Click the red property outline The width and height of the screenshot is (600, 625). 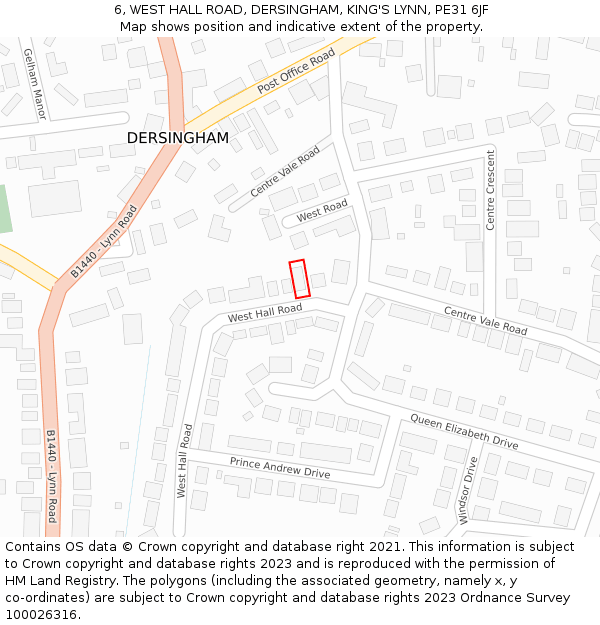click(x=299, y=279)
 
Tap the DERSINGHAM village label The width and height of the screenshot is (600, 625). click(x=177, y=138)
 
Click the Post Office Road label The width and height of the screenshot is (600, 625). click(x=296, y=73)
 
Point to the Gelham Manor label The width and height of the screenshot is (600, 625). click(x=34, y=84)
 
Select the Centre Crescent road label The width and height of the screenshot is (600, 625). click(x=491, y=189)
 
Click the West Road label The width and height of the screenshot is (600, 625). click(x=322, y=210)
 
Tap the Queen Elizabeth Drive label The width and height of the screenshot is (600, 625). click(x=464, y=429)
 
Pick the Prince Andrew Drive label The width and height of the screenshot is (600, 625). click(x=280, y=467)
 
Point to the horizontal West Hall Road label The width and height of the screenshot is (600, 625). click(x=264, y=314)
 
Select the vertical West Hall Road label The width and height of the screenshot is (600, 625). click(x=184, y=460)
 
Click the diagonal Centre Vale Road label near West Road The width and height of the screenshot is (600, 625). click(x=285, y=171)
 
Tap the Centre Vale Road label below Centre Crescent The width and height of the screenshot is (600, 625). click(x=485, y=320)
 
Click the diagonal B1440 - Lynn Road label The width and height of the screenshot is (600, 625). click(x=104, y=241)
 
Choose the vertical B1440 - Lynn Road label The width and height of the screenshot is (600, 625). click(x=51, y=477)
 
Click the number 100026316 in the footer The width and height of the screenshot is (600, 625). click(x=41, y=614)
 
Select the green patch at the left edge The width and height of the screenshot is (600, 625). click(x=4, y=209)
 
